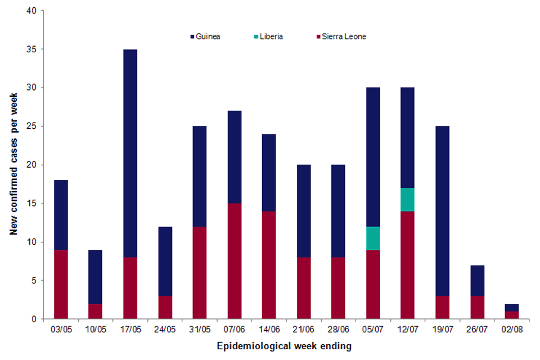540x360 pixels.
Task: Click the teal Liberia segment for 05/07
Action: click(373, 238)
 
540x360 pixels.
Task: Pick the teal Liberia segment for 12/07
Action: click(408, 200)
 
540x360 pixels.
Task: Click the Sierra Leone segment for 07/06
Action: click(234, 261)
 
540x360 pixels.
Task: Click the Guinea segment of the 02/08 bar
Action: click(512, 307)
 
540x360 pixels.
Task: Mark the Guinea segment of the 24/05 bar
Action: click(165, 261)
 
